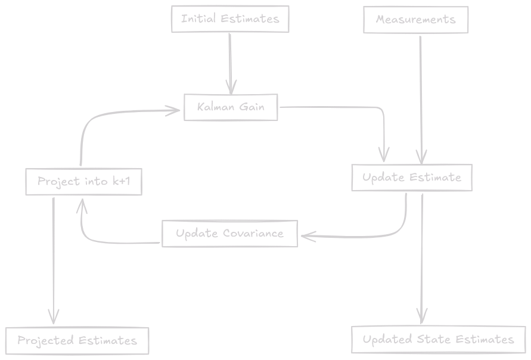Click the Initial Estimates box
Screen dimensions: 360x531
(x=230, y=19)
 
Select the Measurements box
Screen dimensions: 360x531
(x=415, y=20)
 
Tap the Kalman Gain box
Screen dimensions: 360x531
(x=231, y=107)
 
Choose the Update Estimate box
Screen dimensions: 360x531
(x=411, y=178)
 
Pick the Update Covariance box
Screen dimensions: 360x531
(x=229, y=233)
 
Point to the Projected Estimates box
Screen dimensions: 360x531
(x=77, y=341)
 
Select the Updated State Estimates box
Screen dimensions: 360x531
(x=438, y=340)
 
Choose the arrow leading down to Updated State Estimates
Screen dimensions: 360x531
(x=422, y=256)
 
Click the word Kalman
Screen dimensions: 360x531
(x=217, y=107)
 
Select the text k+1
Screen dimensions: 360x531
(x=120, y=181)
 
